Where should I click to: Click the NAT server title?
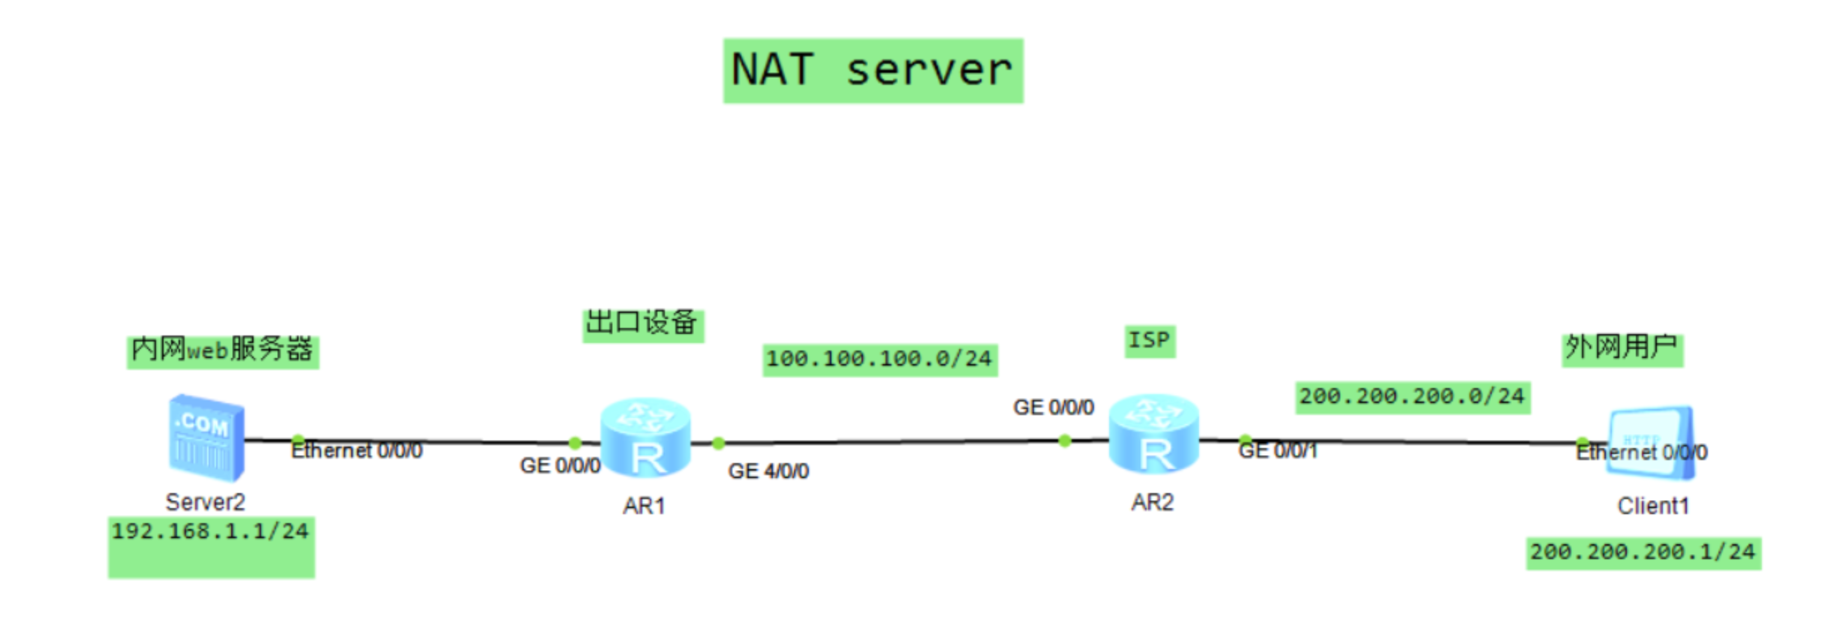[872, 71]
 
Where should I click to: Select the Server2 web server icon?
[206, 438]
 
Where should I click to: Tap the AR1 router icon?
[645, 438]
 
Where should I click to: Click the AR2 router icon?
[1153, 435]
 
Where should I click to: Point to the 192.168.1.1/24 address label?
[210, 531]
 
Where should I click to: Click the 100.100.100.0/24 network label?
[879, 360]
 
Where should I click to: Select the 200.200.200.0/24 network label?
[1412, 396]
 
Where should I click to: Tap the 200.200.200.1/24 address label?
[1643, 552]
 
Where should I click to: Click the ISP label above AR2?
[1149, 341]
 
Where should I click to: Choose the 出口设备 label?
[642, 324]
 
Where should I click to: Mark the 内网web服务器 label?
[222, 351]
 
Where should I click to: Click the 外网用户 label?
[1622, 348]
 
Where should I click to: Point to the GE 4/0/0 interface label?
[768, 471]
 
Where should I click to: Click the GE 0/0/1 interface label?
[1277, 451]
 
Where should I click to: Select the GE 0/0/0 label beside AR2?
[1053, 408]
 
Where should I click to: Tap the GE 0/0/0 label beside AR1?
[560, 466]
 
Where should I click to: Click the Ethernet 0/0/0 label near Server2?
[356, 451]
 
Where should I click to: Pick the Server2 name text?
[205, 502]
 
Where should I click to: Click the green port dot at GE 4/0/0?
[718, 444]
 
